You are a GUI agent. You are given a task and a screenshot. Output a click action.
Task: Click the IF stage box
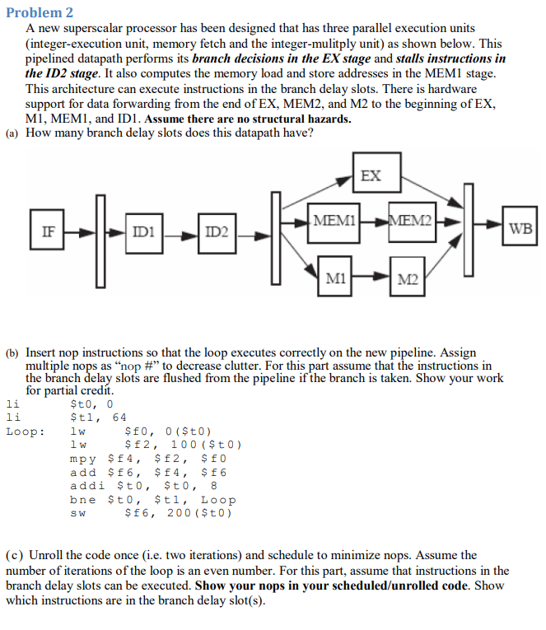tap(48, 233)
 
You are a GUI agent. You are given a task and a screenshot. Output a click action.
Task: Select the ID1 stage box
tap(142, 233)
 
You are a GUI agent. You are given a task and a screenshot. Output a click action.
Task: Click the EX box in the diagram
tap(371, 175)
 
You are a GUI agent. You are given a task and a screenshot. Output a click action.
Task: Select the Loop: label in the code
tap(26, 431)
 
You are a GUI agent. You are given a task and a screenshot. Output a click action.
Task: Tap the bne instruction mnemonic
tap(82, 500)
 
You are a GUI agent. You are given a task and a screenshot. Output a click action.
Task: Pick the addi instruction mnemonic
tap(86, 486)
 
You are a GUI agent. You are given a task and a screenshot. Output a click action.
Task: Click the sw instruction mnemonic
tap(79, 514)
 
